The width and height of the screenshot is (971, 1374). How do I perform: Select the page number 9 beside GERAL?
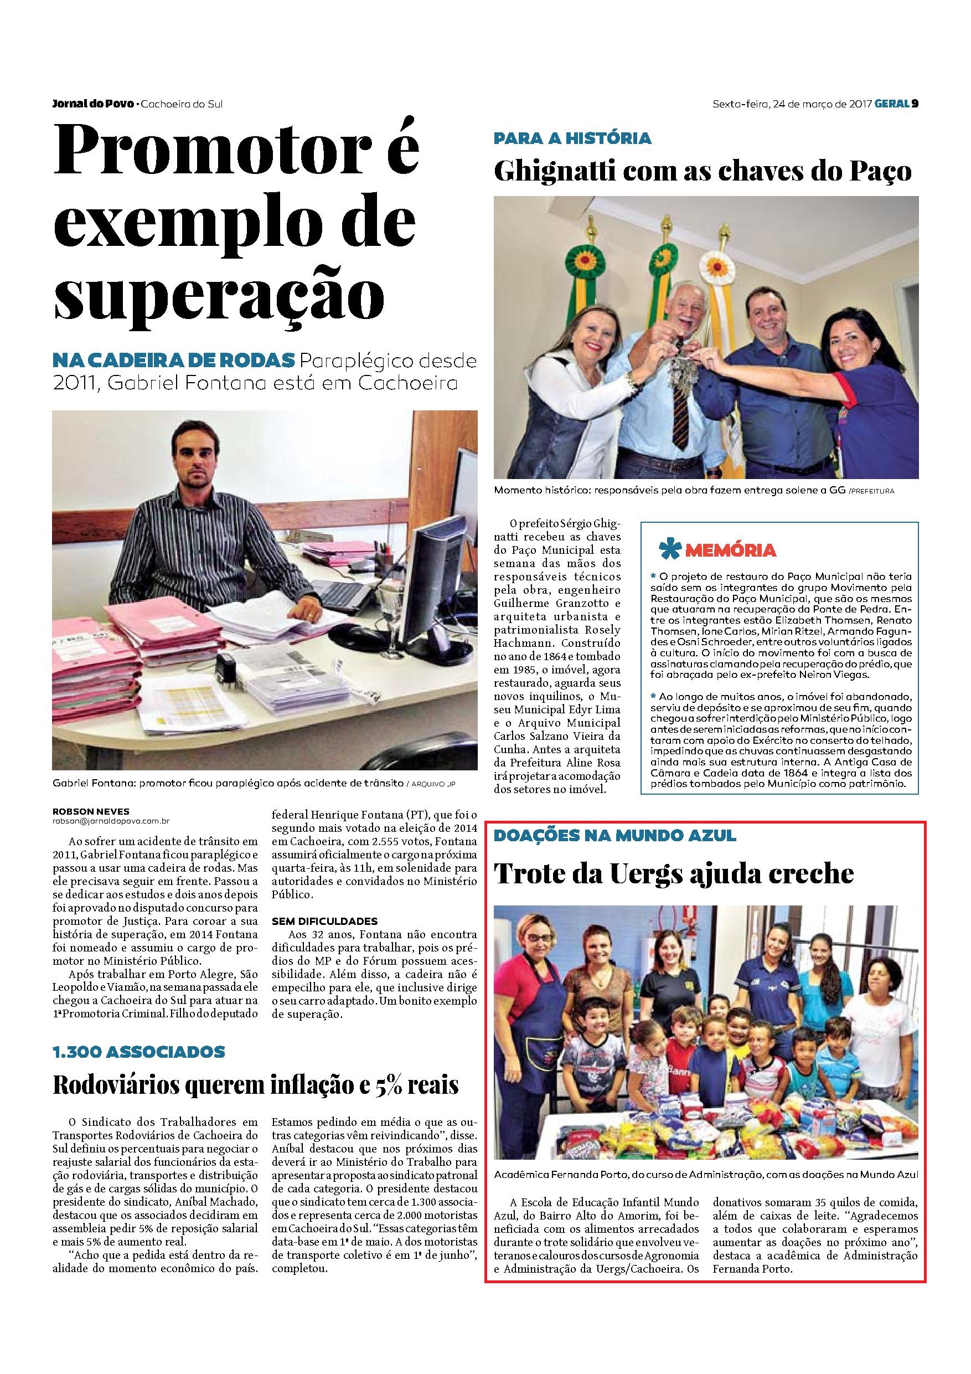(915, 104)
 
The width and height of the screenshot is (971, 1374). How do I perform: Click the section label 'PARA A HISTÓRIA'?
(572, 138)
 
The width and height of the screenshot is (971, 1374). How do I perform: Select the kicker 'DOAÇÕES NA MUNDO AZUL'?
(614, 835)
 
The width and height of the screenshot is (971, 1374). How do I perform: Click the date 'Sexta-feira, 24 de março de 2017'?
(792, 104)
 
